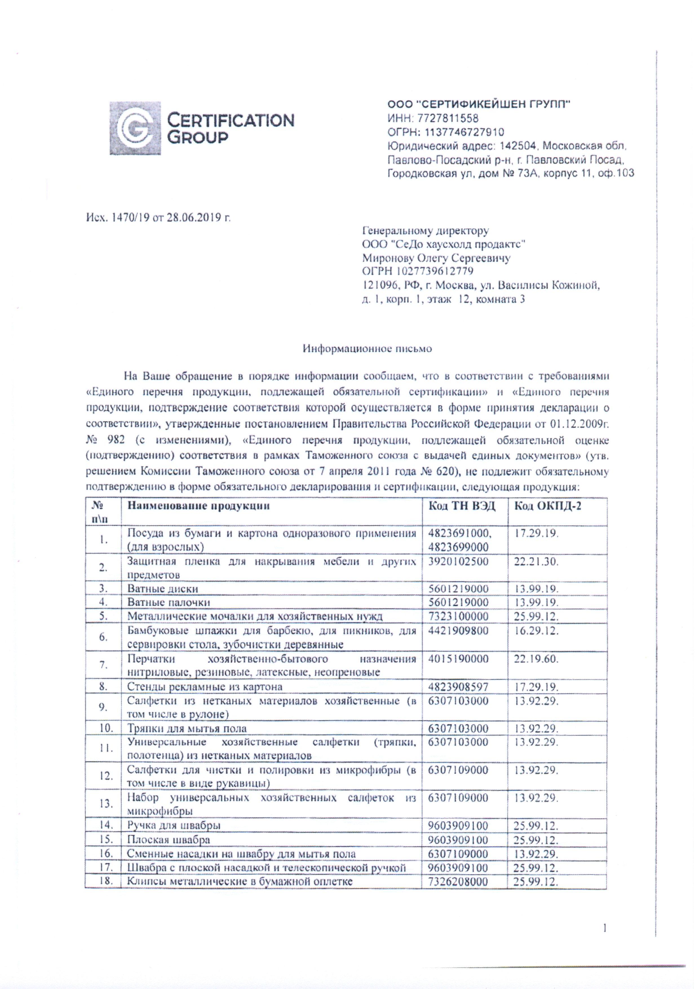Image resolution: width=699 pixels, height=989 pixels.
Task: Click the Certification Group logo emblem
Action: point(135,128)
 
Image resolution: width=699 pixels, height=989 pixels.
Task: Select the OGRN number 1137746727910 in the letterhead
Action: point(464,132)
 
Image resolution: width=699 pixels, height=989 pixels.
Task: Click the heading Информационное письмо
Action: point(367,348)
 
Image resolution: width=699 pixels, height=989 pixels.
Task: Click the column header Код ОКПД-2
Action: point(547,506)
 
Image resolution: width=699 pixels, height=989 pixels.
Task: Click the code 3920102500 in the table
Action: point(458,561)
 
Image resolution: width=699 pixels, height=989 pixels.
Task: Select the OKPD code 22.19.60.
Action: point(536,659)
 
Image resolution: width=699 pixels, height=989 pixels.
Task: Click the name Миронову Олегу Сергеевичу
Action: point(436,258)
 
